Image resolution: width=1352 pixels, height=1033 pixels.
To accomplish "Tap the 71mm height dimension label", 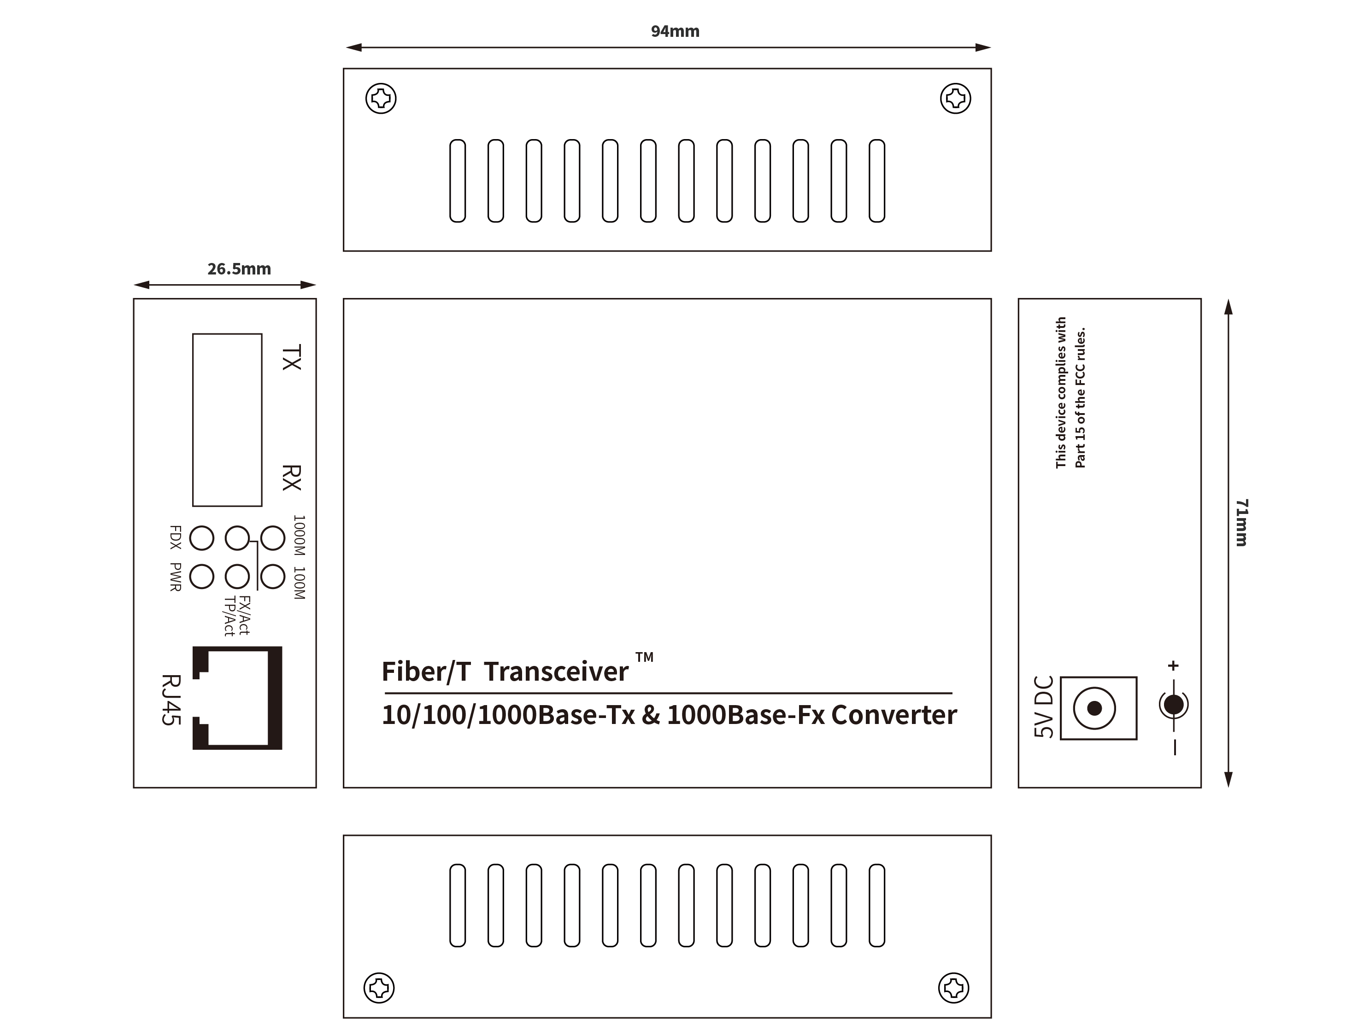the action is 1242,523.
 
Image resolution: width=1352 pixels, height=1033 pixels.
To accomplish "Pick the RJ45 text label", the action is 171,700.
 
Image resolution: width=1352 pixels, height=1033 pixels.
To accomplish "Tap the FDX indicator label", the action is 175,537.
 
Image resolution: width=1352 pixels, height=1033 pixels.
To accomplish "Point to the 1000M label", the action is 299,535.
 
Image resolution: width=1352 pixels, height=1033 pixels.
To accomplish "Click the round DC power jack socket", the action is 1094,708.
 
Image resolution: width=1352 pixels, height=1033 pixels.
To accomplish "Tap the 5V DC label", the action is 1044,706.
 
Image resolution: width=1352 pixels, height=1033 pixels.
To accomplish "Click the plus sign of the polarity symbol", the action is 1173,665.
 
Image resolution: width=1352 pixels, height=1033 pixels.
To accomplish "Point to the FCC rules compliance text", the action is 1070,393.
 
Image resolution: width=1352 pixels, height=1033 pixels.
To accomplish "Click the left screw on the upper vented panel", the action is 381,99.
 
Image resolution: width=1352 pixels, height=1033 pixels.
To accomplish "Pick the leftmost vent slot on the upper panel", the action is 458,181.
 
